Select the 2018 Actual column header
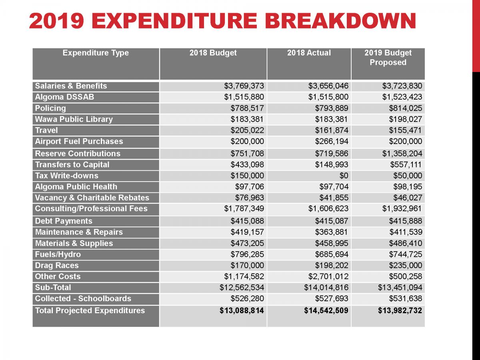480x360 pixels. click(309, 53)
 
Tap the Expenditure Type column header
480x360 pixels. click(96, 53)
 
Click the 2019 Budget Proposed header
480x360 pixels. click(388, 58)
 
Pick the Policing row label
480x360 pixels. click(50, 108)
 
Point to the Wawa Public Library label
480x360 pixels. click(74, 119)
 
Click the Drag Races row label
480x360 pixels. click(57, 266)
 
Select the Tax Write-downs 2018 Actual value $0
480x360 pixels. click(343, 176)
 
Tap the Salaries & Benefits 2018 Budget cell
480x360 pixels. click(244, 86)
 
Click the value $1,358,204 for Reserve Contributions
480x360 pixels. click(400, 154)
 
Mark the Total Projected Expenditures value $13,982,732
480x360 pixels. click(400, 311)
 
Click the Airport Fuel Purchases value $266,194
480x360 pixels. click(328, 142)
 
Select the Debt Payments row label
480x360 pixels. click(64, 221)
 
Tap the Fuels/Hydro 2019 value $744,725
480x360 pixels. click(405, 254)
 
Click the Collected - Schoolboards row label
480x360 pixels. click(83, 299)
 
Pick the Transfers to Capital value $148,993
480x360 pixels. click(328, 165)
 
